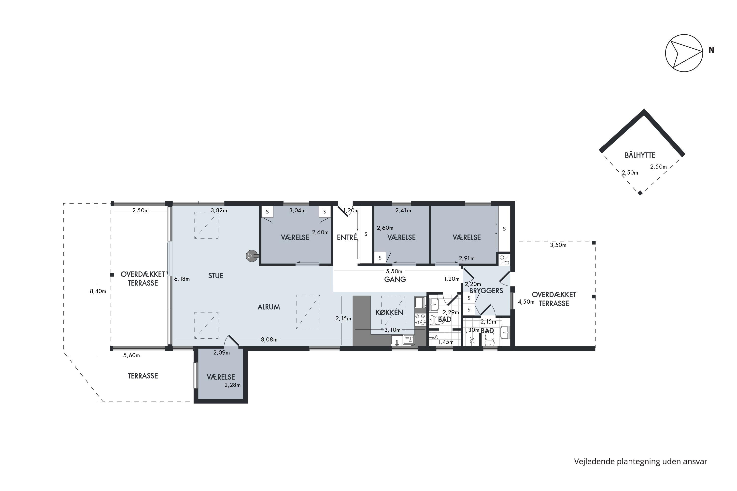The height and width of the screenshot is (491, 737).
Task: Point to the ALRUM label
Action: [269, 307]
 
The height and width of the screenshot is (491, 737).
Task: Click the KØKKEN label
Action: [389, 312]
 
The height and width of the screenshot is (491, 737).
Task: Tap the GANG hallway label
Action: [395, 279]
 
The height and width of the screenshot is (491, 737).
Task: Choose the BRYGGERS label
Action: [486, 291]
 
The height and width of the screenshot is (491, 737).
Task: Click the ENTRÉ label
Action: [347, 237]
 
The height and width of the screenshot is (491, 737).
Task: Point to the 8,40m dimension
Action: [98, 291]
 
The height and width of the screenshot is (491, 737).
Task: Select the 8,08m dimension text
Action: [269, 340]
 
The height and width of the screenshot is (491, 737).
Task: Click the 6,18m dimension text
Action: [182, 279]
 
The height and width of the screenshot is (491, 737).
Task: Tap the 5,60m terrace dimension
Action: [132, 355]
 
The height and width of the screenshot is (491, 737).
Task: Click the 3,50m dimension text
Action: [558, 245]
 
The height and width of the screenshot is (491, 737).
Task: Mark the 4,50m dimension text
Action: [526, 302]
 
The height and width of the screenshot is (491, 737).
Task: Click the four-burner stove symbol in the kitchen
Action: [420, 319]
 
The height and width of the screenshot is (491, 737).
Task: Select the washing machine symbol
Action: [504, 260]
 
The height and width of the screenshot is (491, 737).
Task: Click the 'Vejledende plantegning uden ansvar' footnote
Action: [640, 462]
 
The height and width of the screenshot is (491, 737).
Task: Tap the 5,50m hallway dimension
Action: [394, 271]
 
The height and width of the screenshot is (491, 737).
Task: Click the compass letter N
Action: [711, 50]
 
